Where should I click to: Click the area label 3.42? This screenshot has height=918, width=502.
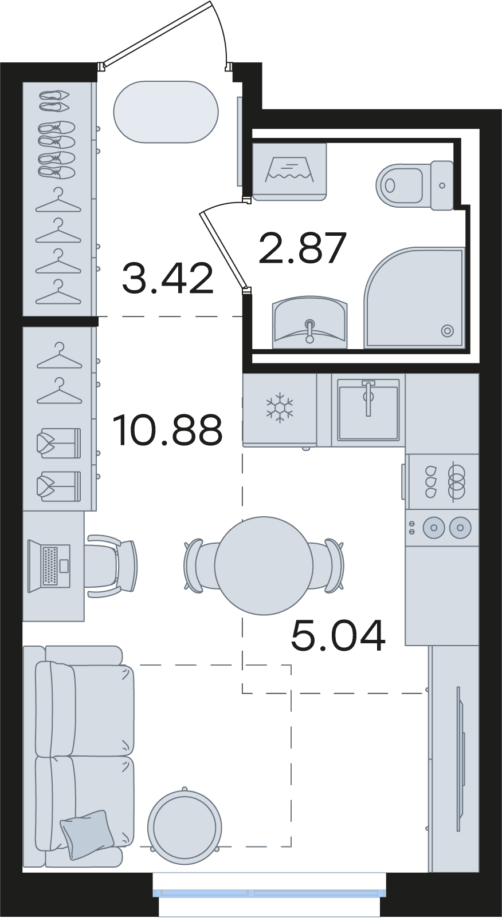pos(168,279)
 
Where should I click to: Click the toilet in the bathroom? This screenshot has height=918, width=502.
pos(414,185)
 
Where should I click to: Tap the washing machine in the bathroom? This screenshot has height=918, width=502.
pos(289,171)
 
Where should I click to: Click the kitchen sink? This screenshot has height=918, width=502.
pos(368,409)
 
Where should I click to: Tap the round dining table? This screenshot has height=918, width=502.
pos(264,565)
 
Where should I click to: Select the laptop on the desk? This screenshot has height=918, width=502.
pos(49,566)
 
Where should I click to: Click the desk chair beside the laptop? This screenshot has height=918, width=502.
pos(112,565)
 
